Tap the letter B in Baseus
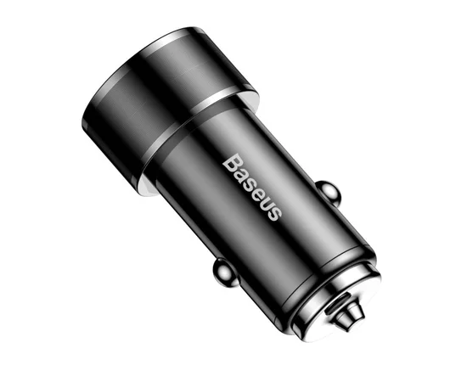(228, 159)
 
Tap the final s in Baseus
(273, 212)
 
